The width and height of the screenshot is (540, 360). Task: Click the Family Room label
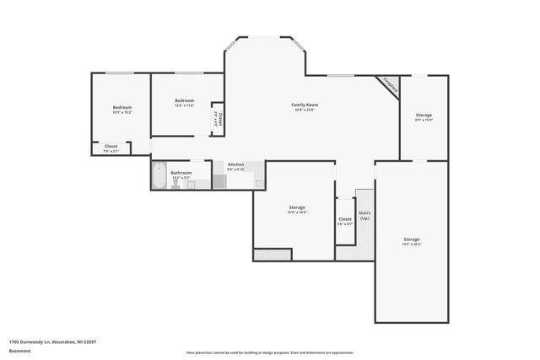click(304, 105)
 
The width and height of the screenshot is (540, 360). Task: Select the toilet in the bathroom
click(175, 185)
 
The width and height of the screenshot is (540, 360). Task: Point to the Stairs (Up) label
click(364, 215)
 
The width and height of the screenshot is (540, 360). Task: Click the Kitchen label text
click(235, 164)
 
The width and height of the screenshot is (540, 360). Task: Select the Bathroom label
click(181, 172)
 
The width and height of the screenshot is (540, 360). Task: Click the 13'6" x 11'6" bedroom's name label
click(184, 100)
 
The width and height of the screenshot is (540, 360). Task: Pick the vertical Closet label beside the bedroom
click(219, 118)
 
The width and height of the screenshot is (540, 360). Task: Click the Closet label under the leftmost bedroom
click(111, 146)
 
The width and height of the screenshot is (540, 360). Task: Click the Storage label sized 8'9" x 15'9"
click(424, 115)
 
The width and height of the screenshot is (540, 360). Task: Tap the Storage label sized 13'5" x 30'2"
click(411, 239)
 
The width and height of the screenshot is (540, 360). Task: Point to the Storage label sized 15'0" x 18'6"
click(297, 207)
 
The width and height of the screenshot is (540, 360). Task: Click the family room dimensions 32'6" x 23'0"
click(304, 110)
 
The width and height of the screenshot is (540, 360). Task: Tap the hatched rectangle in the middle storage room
click(273, 254)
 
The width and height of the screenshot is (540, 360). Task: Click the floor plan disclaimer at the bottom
click(269, 352)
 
